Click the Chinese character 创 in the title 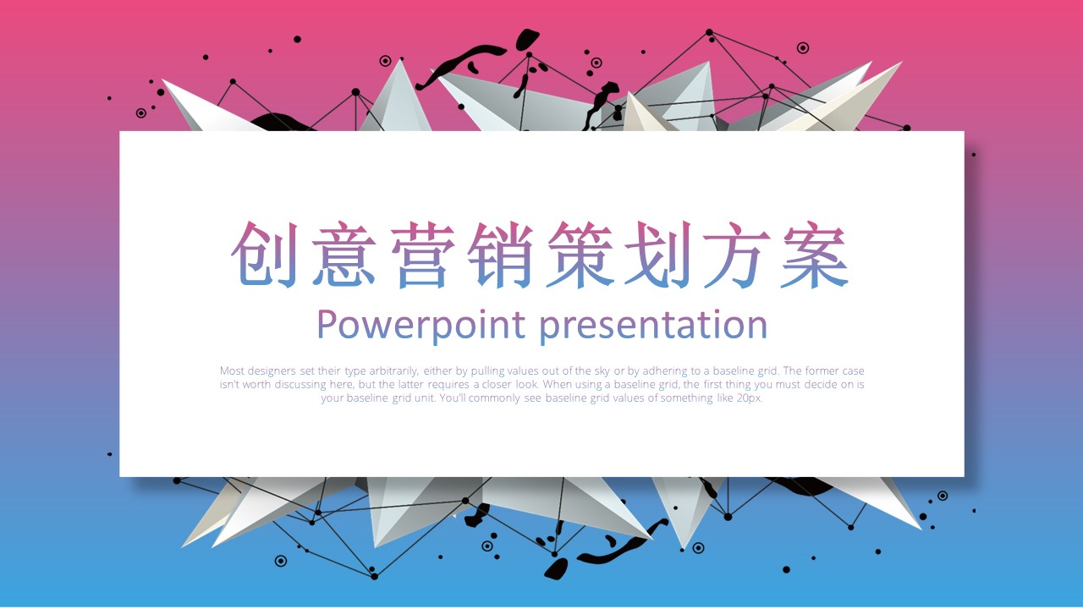(264, 255)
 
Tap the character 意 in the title (344, 255)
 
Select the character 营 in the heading (423, 255)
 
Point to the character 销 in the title (501, 255)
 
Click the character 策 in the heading (580, 255)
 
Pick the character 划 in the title (658, 255)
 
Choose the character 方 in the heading (737, 255)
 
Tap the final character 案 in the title (815, 255)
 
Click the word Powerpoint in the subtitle (421, 326)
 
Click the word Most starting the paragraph (232, 370)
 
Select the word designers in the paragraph (272, 371)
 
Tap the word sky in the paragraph (602, 371)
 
